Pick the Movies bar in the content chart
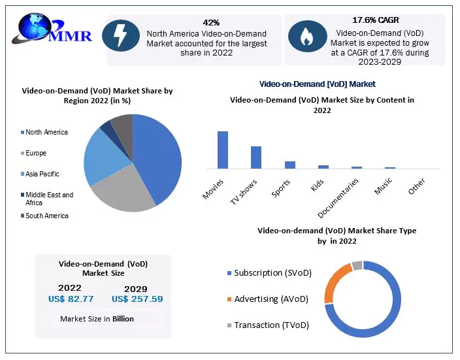[x=223, y=150]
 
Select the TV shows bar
[x=256, y=157]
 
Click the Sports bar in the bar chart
[x=290, y=165]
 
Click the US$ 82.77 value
[x=71, y=299]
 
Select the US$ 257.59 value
[x=137, y=299]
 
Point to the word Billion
[x=122, y=319]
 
